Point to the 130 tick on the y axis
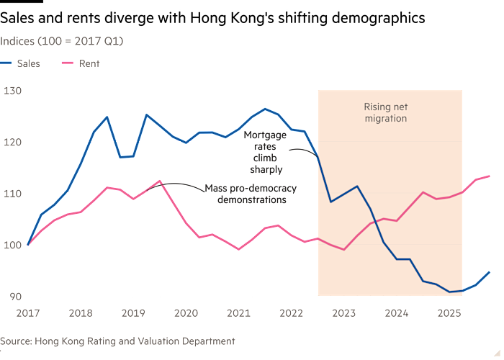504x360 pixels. [12, 91]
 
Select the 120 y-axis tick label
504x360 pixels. [12, 142]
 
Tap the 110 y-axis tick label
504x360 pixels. [12, 194]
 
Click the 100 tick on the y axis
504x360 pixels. [12, 246]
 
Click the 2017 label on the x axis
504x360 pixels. [27, 313]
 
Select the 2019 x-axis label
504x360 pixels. [133, 313]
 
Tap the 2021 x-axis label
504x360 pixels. [238, 313]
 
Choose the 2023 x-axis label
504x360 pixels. [344, 313]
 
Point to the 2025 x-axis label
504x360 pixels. [449, 313]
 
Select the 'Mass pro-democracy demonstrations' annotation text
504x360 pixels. [250, 193]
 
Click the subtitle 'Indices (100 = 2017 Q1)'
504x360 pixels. [61, 41]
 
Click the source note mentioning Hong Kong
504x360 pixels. [117, 341]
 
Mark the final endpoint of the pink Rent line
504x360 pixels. [490, 175]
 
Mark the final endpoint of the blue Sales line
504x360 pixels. [490, 271]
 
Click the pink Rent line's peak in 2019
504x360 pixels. [160, 181]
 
